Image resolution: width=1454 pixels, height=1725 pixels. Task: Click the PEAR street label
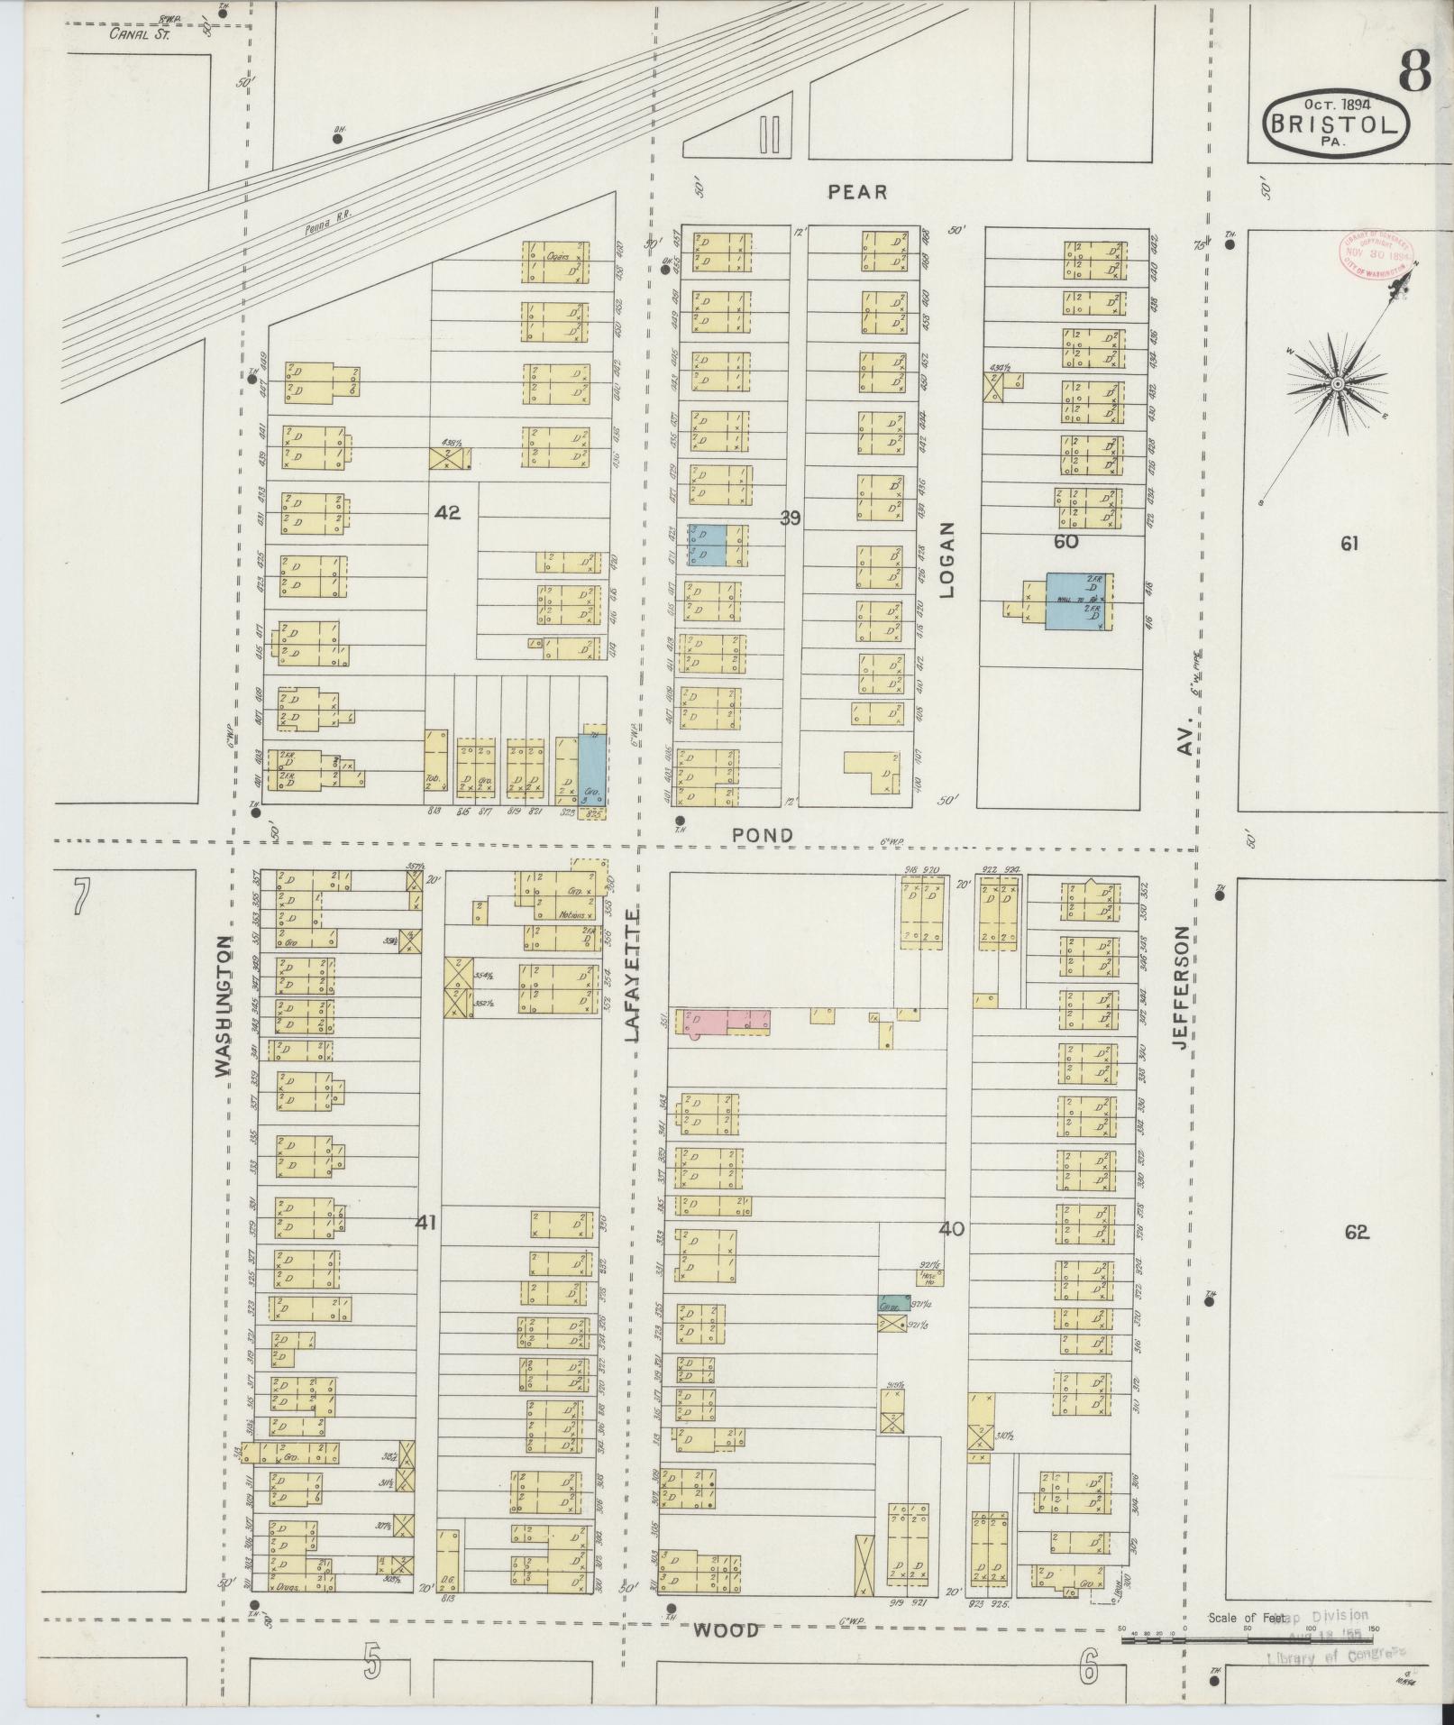coord(857,192)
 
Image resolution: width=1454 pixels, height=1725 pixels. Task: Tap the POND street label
coord(763,836)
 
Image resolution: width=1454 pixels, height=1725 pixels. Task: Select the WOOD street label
coord(726,1630)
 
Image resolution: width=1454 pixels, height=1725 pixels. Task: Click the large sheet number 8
coord(1415,72)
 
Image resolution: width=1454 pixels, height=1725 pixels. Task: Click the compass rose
coord(1338,384)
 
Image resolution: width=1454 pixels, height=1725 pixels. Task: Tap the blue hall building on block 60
coord(1078,601)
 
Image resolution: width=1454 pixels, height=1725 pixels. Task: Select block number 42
coord(447,512)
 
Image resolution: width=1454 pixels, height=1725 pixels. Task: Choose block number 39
coord(791,518)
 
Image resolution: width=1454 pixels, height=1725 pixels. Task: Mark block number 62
coord(1357,1232)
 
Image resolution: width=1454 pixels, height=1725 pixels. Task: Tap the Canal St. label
coord(139,34)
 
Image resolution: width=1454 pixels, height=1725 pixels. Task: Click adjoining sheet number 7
coord(82,897)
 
